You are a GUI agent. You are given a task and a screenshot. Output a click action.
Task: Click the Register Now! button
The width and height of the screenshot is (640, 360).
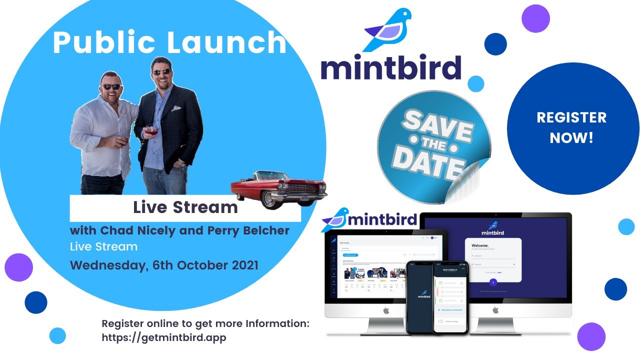tap(572, 127)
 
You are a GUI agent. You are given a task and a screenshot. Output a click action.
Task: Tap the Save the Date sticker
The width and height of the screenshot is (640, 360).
tap(433, 147)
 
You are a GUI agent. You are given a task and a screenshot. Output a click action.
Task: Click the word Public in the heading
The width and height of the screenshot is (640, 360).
tap(103, 43)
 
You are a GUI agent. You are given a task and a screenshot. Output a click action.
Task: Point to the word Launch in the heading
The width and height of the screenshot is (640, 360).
tap(227, 43)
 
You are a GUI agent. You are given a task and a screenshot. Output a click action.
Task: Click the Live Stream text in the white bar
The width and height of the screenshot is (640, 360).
tap(185, 207)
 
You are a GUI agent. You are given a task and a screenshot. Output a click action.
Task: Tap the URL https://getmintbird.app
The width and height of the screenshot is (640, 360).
tap(164, 337)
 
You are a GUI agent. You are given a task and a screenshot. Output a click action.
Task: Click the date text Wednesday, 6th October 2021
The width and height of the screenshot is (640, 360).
tap(164, 264)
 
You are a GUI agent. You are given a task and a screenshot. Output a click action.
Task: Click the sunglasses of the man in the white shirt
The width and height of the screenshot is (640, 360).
tap(110, 86)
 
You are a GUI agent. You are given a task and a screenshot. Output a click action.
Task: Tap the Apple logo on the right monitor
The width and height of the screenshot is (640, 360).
tap(495, 310)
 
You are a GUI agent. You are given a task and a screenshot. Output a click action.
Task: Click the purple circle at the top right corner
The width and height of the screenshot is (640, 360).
tap(535, 18)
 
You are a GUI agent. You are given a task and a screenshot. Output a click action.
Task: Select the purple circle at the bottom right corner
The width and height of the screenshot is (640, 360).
tap(591, 336)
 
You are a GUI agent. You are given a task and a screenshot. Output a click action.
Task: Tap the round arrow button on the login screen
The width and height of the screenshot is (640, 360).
tap(493, 282)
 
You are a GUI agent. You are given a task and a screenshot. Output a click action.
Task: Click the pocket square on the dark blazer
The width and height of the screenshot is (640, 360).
tap(175, 108)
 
